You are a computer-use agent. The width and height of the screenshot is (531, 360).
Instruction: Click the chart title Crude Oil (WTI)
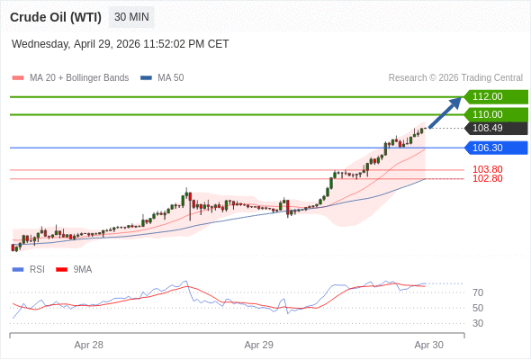[x=56, y=17]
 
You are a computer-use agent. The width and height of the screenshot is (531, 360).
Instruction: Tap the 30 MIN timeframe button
[x=132, y=17]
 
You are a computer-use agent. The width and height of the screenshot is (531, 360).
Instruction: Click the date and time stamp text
[x=121, y=43]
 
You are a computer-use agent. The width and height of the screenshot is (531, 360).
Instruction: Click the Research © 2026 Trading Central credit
[x=455, y=77]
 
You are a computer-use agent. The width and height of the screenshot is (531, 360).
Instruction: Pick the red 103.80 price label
[x=487, y=169]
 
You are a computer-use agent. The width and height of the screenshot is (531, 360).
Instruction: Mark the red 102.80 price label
[x=487, y=178]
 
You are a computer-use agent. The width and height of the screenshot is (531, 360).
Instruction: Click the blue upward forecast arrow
[x=445, y=112]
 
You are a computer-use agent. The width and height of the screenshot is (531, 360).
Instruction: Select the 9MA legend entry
[x=82, y=269]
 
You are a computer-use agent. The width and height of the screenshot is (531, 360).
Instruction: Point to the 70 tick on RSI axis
[x=478, y=292]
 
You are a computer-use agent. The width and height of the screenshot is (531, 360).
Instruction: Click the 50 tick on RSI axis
[x=478, y=308]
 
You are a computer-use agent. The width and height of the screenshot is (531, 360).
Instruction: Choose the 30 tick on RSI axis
[x=478, y=323]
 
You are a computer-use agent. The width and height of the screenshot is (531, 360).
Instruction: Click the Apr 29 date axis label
[x=258, y=345]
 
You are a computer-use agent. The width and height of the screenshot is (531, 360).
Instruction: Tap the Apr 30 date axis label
[x=428, y=345]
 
